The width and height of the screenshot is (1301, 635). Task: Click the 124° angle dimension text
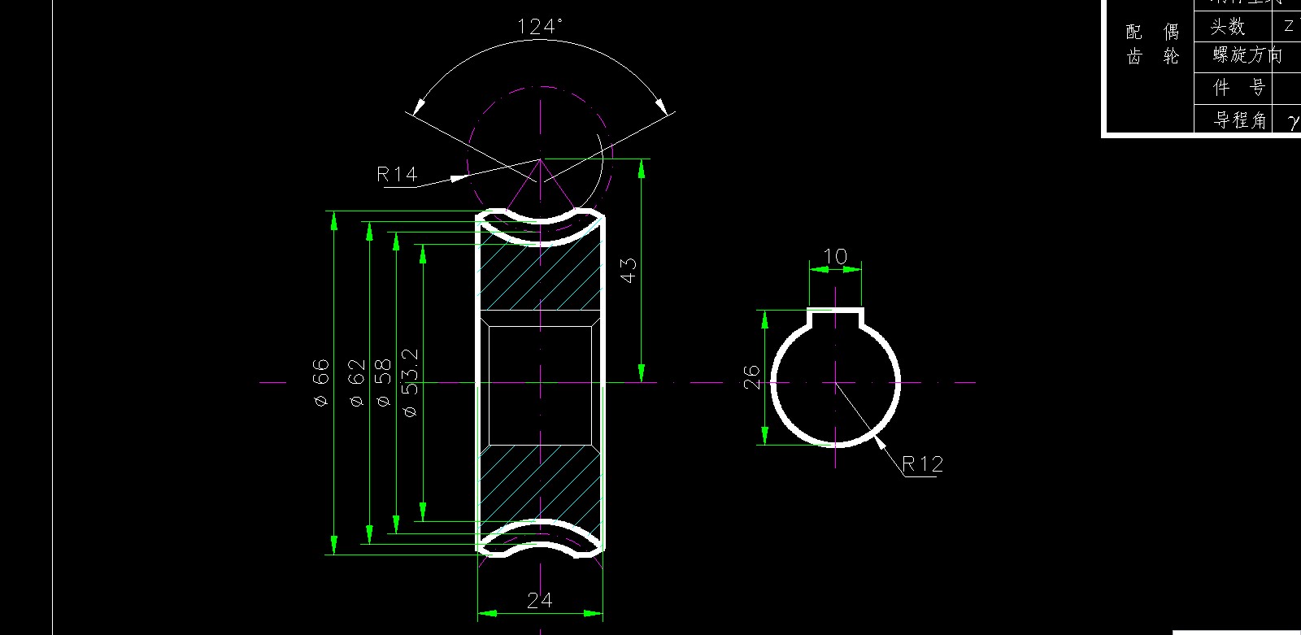(x=540, y=27)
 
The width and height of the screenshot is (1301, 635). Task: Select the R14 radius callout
(x=397, y=174)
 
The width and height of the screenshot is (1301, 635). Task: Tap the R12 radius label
(x=923, y=464)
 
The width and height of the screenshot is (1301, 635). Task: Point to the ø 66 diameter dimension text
(x=321, y=382)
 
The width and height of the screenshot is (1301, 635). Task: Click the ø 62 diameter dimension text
(x=356, y=382)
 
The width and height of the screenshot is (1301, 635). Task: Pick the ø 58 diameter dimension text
(x=383, y=382)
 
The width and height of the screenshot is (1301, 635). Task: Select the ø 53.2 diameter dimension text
(x=410, y=382)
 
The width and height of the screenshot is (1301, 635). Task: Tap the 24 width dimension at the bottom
(x=539, y=601)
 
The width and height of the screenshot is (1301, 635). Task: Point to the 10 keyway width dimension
(x=835, y=257)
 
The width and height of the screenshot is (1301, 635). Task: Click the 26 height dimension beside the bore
(x=751, y=376)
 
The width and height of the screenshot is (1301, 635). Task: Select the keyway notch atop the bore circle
(x=835, y=318)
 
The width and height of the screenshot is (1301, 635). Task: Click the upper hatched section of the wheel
(x=540, y=276)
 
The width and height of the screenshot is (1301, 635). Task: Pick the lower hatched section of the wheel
(x=540, y=484)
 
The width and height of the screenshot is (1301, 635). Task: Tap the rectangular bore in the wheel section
(x=540, y=385)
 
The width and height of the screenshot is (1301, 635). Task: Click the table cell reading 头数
(x=1228, y=27)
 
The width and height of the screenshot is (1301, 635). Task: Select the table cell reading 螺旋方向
(x=1247, y=55)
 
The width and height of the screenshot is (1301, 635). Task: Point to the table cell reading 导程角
(x=1240, y=120)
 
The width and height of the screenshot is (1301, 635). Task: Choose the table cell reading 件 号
(x=1239, y=88)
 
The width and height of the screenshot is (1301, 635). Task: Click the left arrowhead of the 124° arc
(x=419, y=107)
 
